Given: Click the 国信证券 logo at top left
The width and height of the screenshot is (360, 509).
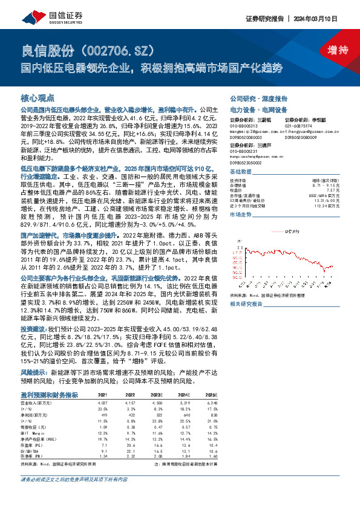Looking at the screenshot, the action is (x=41, y=16).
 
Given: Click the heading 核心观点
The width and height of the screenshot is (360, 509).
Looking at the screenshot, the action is (x=38, y=97).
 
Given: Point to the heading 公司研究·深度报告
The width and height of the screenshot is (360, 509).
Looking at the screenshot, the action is (x=258, y=98).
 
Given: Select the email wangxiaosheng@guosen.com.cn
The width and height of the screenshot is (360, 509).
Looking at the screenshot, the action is (x=255, y=155).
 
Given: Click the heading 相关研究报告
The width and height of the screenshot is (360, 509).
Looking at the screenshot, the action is (x=246, y=304).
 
